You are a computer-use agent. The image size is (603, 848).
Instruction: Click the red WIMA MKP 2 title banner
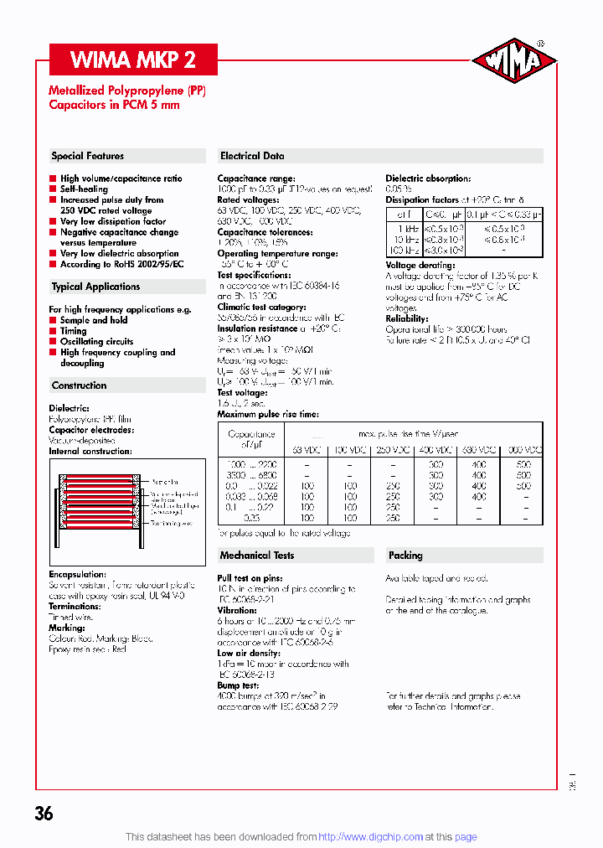coord(133,59)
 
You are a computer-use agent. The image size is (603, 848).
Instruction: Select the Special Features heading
coord(87,156)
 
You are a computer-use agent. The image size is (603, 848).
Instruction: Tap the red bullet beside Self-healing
coord(53,189)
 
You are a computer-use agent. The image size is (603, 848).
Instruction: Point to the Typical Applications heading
coord(95,287)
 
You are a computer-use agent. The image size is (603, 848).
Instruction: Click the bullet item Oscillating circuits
coord(96,342)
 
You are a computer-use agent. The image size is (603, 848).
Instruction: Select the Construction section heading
coord(79,385)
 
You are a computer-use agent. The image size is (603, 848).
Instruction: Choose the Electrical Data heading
coord(252,156)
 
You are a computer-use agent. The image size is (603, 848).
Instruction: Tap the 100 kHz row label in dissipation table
coord(404,250)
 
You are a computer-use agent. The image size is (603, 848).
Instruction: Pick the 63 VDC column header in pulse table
coord(307,450)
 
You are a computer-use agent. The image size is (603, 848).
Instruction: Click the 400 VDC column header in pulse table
coord(435,450)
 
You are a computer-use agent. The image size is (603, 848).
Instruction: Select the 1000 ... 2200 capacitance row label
coord(251,463)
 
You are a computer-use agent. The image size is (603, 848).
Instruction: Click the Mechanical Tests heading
coord(256,555)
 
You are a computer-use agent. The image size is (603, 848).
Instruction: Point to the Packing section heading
coord(405,555)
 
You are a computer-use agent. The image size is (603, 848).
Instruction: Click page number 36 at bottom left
coord(44,814)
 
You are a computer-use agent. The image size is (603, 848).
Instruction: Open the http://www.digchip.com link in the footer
coord(371,836)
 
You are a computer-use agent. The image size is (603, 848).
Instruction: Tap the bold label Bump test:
coord(239,685)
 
